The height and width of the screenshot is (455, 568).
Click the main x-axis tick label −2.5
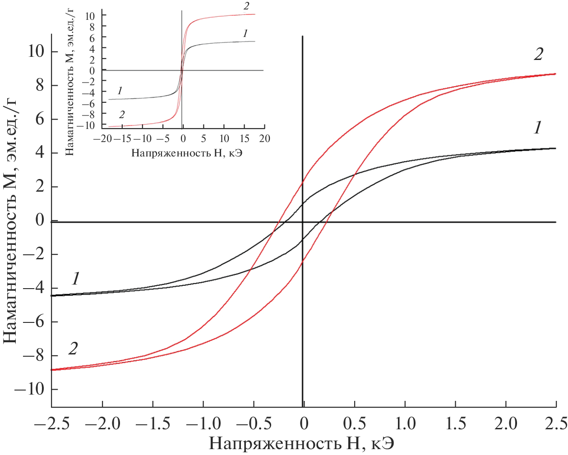[52, 423]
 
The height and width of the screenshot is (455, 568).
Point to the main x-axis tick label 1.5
[456, 423]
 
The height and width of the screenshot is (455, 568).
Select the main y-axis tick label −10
[30, 389]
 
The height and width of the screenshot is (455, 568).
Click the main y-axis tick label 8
[40, 85]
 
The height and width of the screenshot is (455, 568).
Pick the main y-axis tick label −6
[34, 322]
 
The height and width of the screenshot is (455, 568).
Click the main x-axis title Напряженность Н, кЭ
[301, 444]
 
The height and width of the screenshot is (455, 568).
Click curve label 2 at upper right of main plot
[538, 55]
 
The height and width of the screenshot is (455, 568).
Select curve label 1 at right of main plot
[537, 128]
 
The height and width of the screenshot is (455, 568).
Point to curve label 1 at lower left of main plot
[75, 279]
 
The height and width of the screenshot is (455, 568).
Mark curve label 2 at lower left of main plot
[73, 348]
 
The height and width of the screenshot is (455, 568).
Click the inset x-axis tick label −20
[102, 138]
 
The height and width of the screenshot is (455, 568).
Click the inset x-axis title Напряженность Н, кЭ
[186, 153]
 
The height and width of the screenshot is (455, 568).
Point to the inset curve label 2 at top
[246, 6]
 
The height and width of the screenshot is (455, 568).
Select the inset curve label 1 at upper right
[245, 33]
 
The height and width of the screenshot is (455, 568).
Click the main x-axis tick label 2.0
[506, 423]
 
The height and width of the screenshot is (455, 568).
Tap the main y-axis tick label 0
[40, 221]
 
